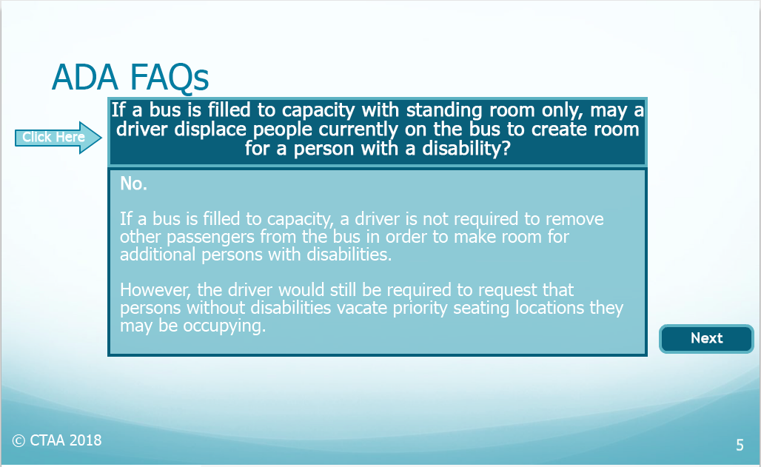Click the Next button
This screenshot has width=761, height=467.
(x=706, y=338)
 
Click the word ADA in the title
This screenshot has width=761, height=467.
(x=85, y=78)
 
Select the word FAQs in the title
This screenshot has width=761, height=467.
(x=170, y=78)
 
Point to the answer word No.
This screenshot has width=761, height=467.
(x=133, y=184)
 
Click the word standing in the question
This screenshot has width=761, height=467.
(x=445, y=111)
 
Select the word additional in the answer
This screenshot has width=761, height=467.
(x=158, y=255)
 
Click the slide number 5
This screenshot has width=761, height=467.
(x=740, y=445)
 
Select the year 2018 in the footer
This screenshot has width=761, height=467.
(x=85, y=440)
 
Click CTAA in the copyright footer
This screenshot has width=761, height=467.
(x=47, y=440)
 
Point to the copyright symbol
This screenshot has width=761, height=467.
(x=19, y=441)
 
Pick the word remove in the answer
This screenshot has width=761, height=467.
(x=574, y=219)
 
